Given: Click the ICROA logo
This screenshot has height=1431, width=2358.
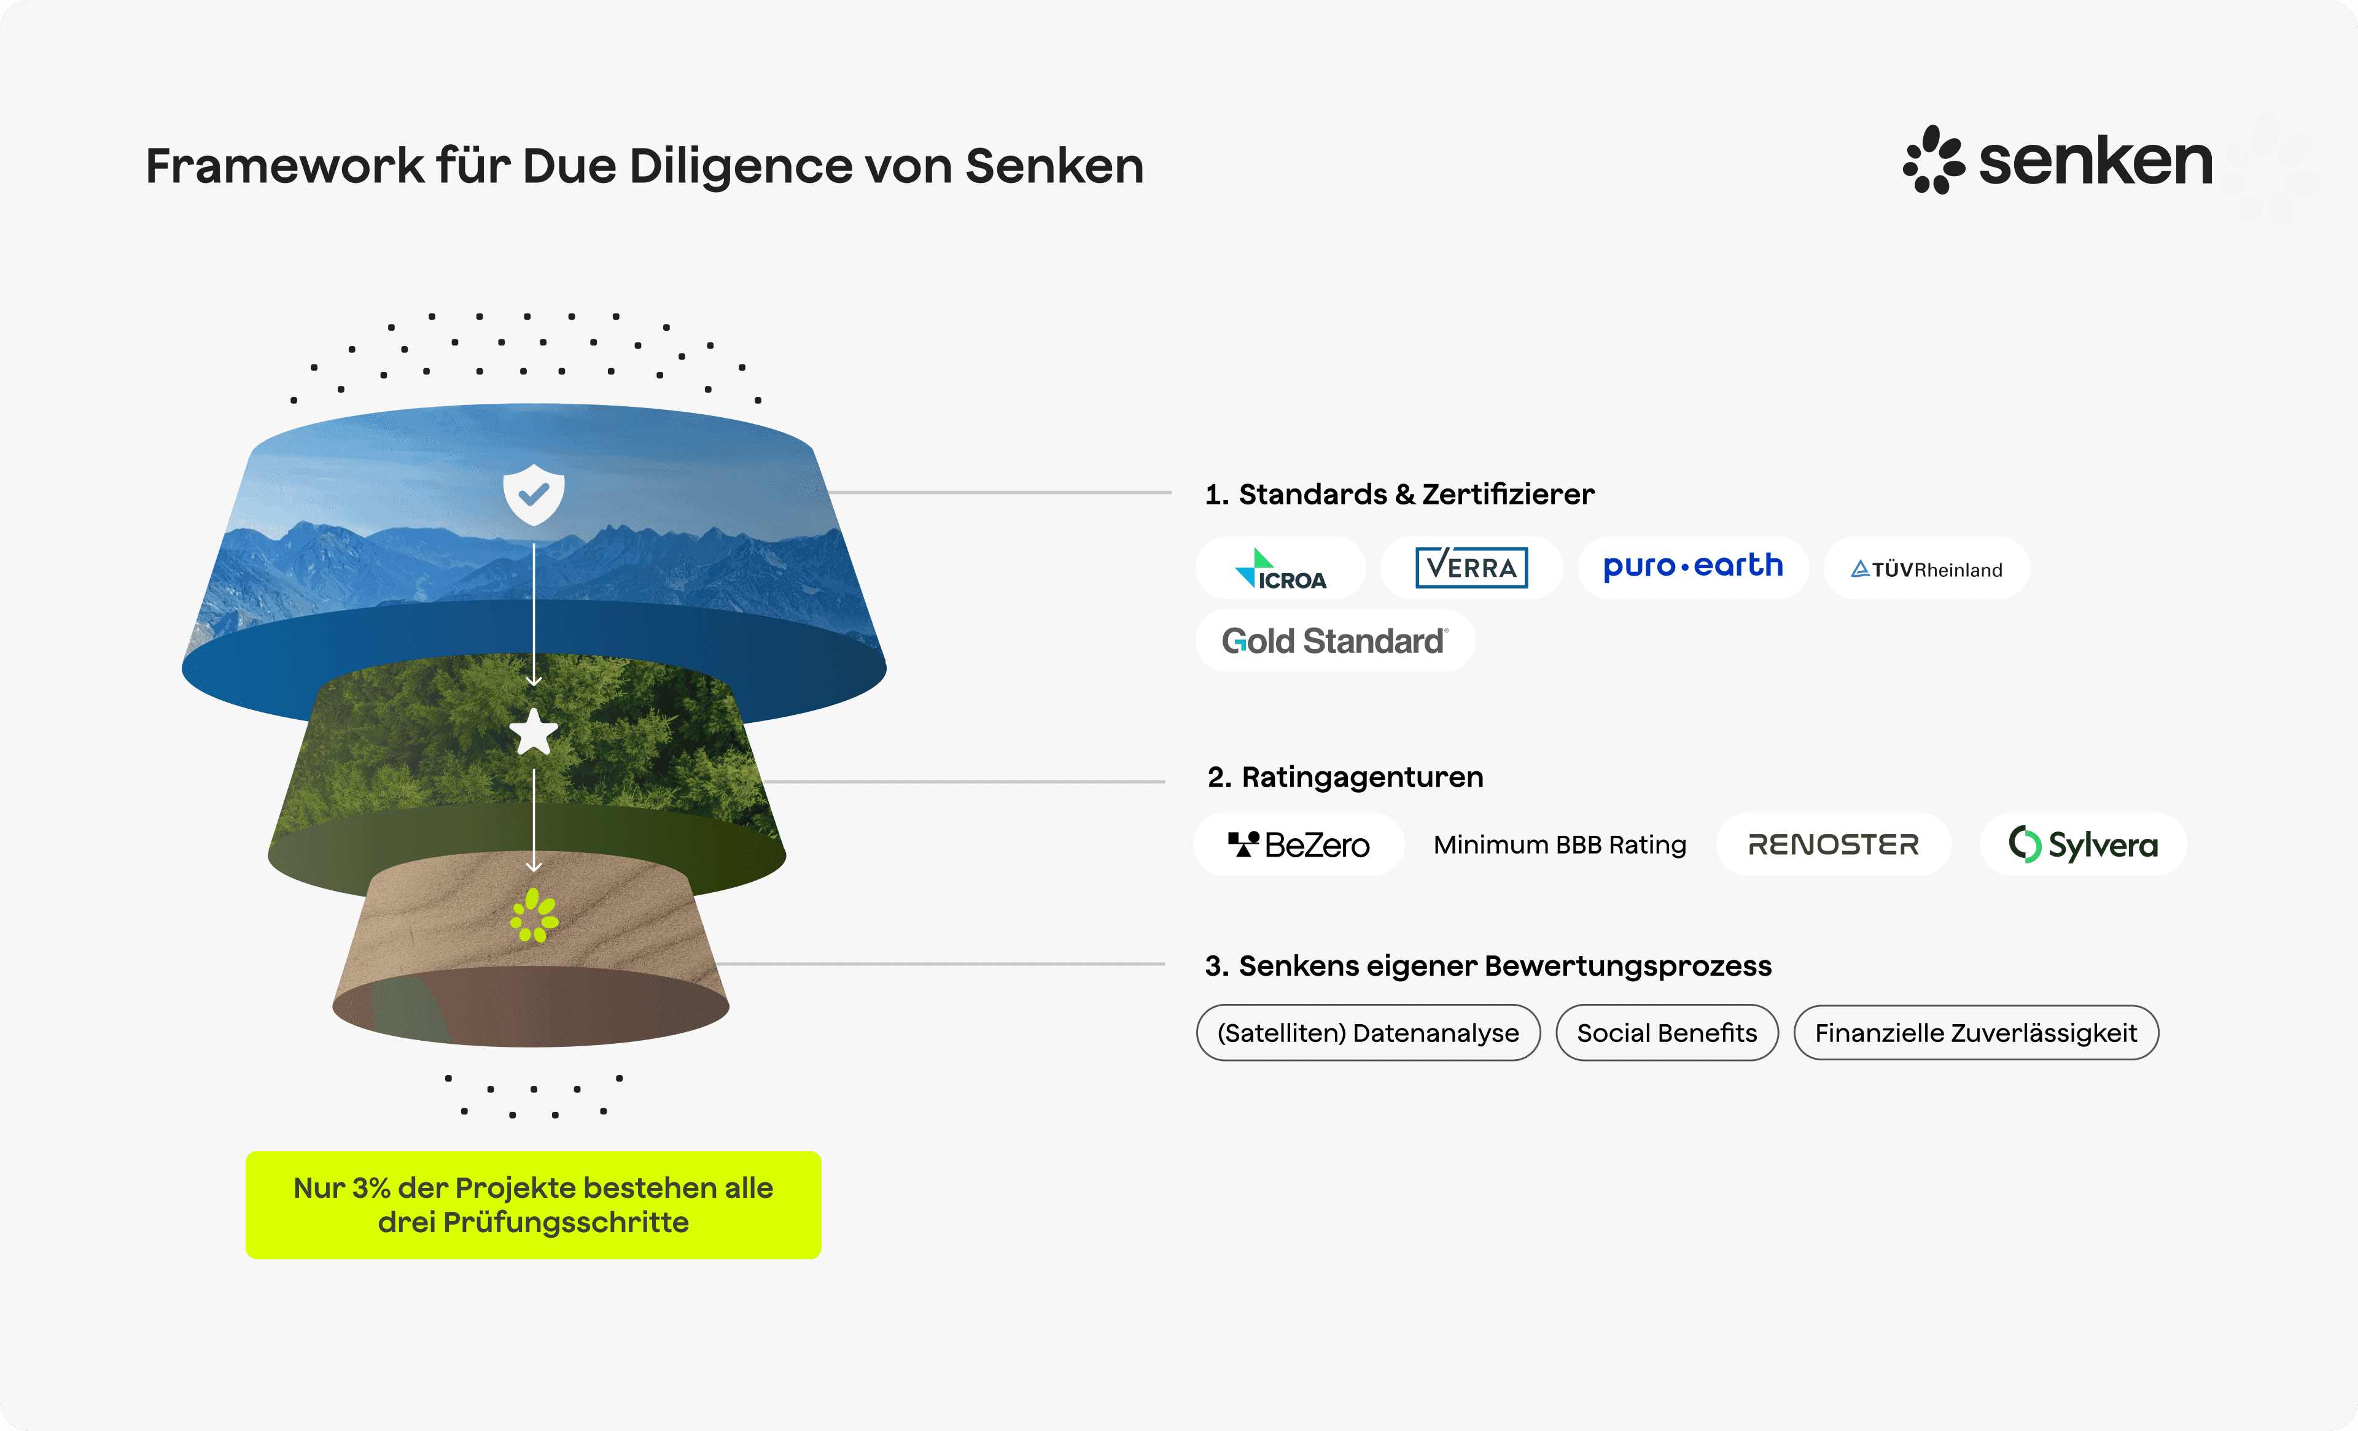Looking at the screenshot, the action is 1280,568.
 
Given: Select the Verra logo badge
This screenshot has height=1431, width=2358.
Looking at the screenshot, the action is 1471,567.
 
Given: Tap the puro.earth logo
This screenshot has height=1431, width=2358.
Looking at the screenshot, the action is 1693,567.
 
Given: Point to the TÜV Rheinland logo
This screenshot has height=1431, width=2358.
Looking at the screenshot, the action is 1926,569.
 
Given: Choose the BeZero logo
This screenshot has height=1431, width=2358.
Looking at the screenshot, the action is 1299,844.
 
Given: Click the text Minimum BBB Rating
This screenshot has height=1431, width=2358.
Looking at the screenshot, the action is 1560,844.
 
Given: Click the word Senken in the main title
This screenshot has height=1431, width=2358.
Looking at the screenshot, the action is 1054,166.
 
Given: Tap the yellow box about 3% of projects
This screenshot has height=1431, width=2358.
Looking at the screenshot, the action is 533,1205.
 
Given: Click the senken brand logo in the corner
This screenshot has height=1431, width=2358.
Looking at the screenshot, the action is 2058,160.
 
